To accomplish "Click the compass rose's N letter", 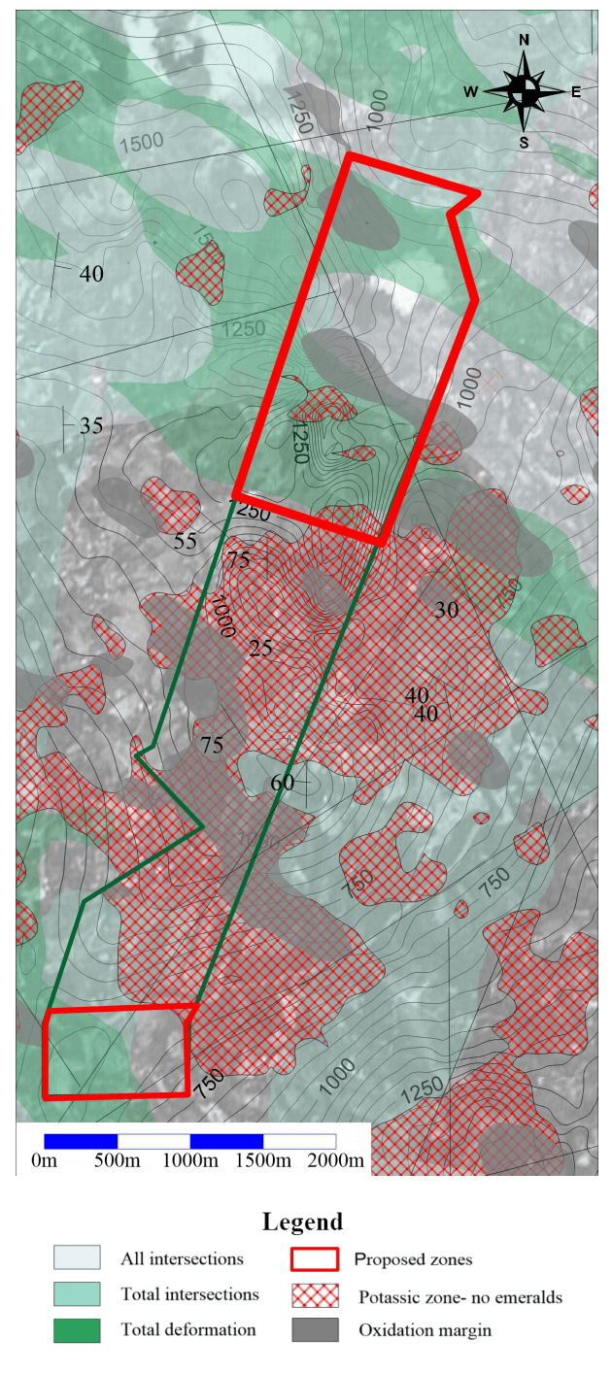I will click(x=525, y=40).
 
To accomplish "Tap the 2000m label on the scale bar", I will click(x=336, y=1160).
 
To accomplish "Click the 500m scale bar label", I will click(x=117, y=1160).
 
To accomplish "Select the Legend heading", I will click(x=303, y=1222).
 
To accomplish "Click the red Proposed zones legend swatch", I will click(x=315, y=1259).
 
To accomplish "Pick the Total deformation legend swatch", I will click(x=77, y=1329).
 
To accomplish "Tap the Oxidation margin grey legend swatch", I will click(x=315, y=1329).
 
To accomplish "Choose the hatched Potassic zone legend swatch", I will click(x=315, y=1295).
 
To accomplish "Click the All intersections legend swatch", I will click(x=77, y=1259).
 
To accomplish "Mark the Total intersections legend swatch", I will click(x=77, y=1294).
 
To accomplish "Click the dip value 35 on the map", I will click(x=91, y=425).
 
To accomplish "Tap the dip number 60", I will click(x=282, y=783).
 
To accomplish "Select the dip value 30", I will click(x=446, y=610).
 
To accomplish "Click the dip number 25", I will click(x=260, y=649).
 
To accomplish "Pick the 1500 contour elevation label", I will click(x=142, y=142).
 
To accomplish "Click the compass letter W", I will click(x=470, y=92).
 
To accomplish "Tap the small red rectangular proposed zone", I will click(x=117, y=1053).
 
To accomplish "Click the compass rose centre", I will click(x=525, y=91).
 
